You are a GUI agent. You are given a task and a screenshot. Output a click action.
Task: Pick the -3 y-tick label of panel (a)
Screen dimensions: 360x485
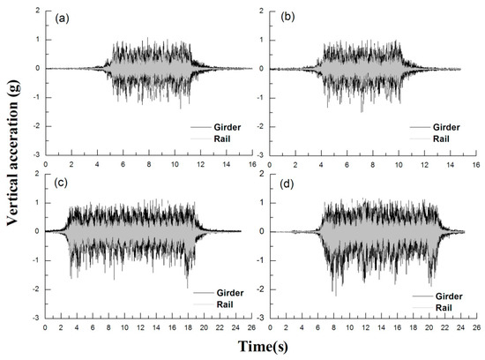34,154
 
